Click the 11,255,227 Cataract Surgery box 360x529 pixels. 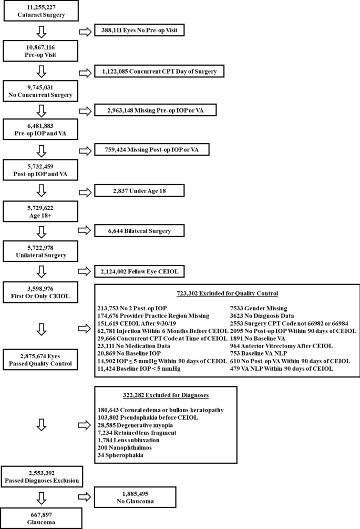[43, 11]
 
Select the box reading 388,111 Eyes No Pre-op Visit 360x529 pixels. [140, 31]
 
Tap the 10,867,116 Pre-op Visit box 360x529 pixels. [43, 50]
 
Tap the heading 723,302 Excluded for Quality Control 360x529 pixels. [228, 293]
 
